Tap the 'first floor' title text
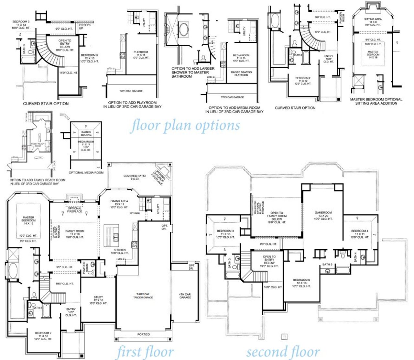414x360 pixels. coord(145,352)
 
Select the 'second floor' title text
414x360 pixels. coord(283,352)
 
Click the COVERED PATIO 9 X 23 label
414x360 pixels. coord(135,177)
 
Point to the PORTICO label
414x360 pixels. coord(143,334)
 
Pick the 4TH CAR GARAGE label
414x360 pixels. coord(185,296)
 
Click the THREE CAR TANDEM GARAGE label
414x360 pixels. coord(143,296)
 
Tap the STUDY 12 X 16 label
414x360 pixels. coord(98,300)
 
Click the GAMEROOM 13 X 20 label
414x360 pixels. coord(323,216)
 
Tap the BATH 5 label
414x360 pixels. coord(327,264)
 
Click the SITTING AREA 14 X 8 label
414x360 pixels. coord(373,22)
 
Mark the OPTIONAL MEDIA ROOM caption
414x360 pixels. coord(86,173)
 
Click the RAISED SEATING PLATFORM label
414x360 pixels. coord(241,73)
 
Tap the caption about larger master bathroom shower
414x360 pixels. coord(193,73)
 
